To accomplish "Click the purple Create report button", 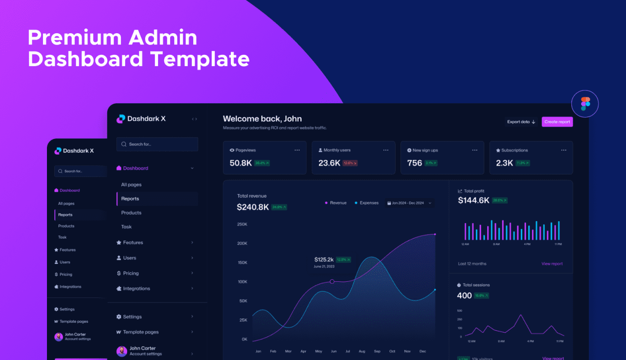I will point(557,122).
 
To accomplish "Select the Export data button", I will point(521,122).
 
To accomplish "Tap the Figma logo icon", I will point(585,104).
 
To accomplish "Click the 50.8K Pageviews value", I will point(241,163).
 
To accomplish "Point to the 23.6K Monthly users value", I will point(329,163).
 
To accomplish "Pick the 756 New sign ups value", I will point(414,163).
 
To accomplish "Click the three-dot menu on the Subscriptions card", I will point(564,150).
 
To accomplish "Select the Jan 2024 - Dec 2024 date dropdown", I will point(409,203).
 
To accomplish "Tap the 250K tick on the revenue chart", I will point(242,224).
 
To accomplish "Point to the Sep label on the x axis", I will point(377,351).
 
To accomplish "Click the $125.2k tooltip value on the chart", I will point(324,259).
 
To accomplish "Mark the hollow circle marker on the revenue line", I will point(332,281).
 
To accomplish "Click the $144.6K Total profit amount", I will point(473,200).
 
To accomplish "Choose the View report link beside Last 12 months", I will point(552,264).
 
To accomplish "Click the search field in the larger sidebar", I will point(157,144).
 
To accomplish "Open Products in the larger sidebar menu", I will point(131,213).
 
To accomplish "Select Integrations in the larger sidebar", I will point(136,289).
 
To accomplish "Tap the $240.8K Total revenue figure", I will point(253,207).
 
